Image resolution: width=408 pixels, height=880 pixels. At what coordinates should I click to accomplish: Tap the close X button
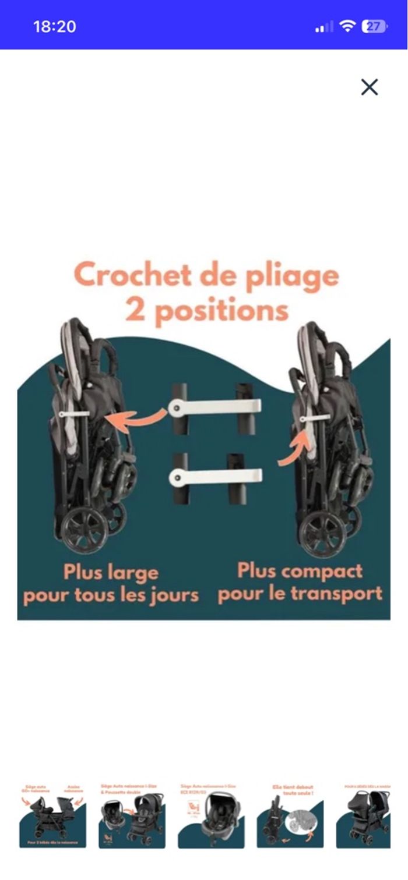370,87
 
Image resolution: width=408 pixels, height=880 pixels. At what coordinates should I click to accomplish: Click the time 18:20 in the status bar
55,27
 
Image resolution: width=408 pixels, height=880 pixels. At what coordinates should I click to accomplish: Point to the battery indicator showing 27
374,26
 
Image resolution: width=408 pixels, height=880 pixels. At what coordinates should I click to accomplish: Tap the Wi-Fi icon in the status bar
348,26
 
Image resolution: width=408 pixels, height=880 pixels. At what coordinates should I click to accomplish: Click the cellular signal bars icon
324,27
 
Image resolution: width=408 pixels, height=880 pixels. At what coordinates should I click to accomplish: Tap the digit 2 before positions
135,310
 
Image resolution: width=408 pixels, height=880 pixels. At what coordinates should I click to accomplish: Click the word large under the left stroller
131,573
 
